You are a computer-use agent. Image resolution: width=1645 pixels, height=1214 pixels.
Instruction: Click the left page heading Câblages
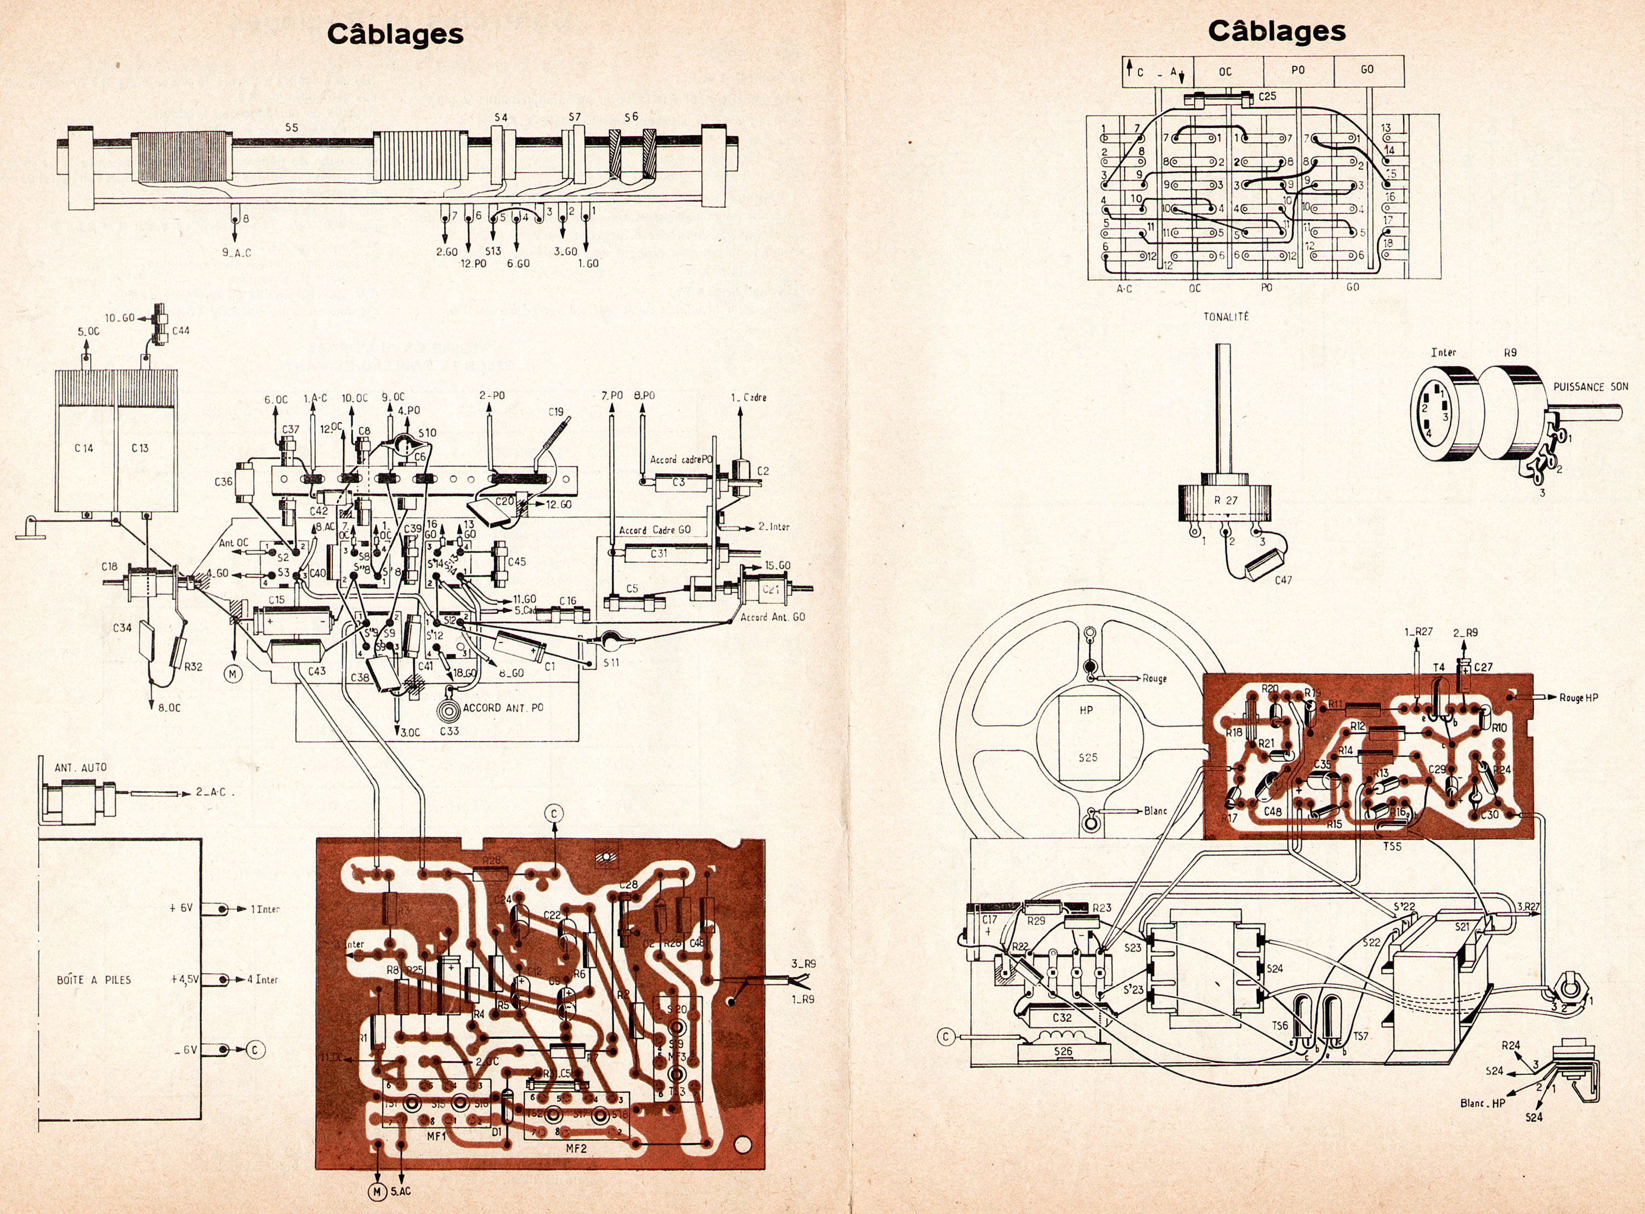(x=395, y=34)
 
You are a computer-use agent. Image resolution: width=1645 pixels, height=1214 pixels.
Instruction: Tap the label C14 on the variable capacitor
(x=84, y=448)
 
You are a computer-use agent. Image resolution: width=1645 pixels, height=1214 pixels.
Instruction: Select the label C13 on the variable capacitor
(x=140, y=448)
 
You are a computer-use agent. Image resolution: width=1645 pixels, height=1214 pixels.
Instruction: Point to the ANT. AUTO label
(x=80, y=767)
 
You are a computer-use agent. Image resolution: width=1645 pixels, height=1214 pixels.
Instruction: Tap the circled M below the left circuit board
(x=377, y=1190)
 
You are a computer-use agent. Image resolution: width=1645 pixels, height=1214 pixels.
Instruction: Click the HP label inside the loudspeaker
(x=1086, y=710)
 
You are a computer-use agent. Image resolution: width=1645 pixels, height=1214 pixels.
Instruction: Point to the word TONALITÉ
(x=1226, y=317)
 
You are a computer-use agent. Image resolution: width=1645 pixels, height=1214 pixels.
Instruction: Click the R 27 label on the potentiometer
(x=1226, y=500)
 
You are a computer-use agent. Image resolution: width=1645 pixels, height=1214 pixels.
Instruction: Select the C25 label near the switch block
(x=1267, y=96)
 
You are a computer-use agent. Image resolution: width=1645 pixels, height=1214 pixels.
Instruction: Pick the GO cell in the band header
(x=1367, y=70)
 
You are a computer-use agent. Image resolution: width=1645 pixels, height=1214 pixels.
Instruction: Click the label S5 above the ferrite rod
(x=292, y=127)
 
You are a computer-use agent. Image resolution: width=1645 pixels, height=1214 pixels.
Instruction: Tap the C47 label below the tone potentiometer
(x=1283, y=580)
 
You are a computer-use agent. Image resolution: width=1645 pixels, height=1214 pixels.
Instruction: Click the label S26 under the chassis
(x=1063, y=1052)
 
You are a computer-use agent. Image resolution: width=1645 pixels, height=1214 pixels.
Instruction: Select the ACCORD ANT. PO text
(x=503, y=708)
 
